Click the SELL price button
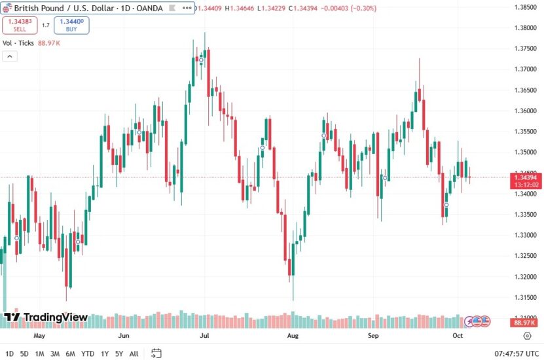[x=19, y=25]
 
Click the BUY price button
[x=71, y=25]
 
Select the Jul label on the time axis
[x=205, y=336]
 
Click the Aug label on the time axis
[x=293, y=336]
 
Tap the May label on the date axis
[x=39, y=336]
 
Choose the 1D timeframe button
[x=9, y=353]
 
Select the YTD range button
[x=87, y=353]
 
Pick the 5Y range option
[x=118, y=353]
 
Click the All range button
[x=134, y=353]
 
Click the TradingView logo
[x=46, y=317]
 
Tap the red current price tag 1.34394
[x=526, y=177]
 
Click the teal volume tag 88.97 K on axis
[x=526, y=323]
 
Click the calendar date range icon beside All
[x=156, y=353]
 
